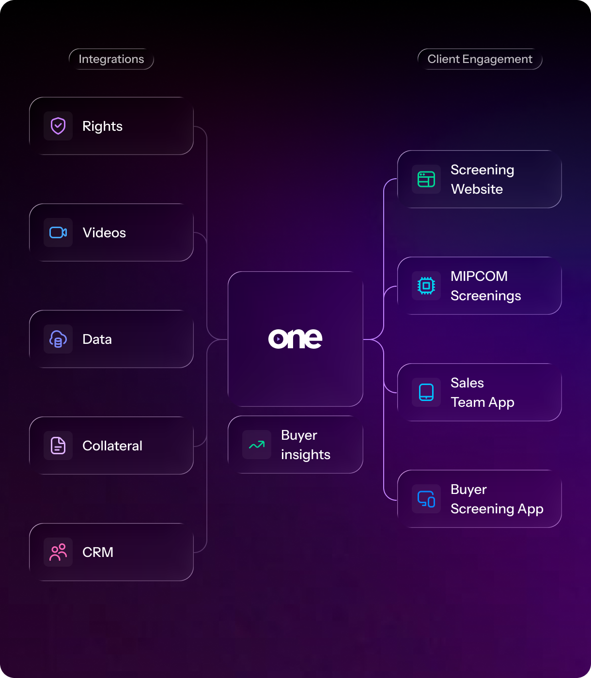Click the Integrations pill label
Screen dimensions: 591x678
pyautogui.click(x=111, y=59)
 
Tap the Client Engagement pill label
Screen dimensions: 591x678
pyautogui.click(x=480, y=59)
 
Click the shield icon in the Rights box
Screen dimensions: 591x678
pyautogui.click(x=58, y=126)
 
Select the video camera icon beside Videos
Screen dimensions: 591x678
pyautogui.click(x=58, y=232)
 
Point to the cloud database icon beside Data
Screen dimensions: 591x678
pyautogui.click(x=58, y=339)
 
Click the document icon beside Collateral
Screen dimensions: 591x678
pyautogui.click(x=58, y=446)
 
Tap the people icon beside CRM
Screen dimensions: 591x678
pyautogui.click(x=58, y=552)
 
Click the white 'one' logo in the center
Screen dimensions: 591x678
pyautogui.click(x=295, y=339)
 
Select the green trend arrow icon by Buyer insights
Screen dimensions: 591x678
pyautogui.click(x=257, y=445)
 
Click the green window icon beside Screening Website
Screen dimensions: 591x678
pyautogui.click(x=426, y=179)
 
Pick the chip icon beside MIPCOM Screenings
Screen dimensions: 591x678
pyautogui.click(x=426, y=286)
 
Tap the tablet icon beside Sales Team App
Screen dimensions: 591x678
pyautogui.click(x=426, y=392)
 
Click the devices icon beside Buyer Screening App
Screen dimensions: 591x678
pyautogui.click(x=426, y=499)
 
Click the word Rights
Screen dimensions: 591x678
pyautogui.click(x=103, y=126)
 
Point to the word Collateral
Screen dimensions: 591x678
pyautogui.click(x=112, y=446)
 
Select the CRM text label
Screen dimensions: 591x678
pyautogui.click(x=98, y=552)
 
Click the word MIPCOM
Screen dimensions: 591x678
pyautogui.click(x=479, y=276)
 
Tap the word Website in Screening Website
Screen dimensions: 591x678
pyautogui.click(x=477, y=189)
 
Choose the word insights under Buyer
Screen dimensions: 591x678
pyautogui.click(x=306, y=454)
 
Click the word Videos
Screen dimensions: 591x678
pyautogui.click(x=104, y=232)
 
